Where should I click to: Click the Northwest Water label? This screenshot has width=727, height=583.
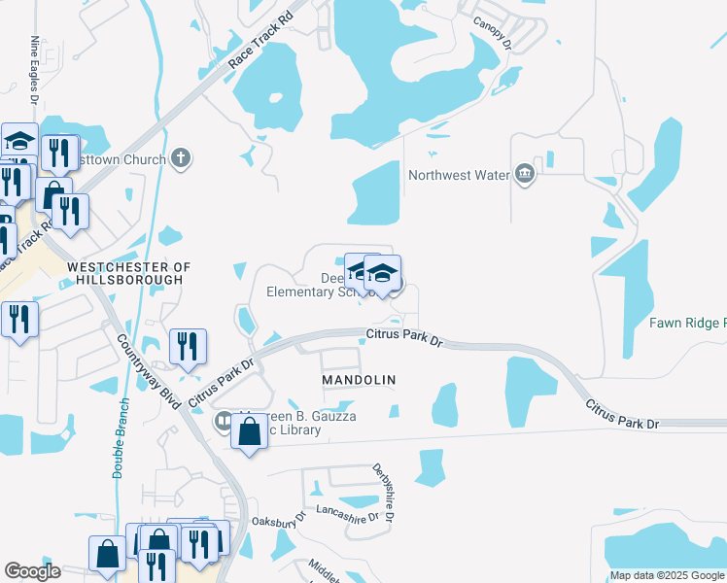click(459, 176)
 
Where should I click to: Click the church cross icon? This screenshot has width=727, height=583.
click(180, 158)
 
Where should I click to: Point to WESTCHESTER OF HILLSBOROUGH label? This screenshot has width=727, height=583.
click(124, 273)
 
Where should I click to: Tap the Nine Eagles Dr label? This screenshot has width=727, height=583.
click(35, 70)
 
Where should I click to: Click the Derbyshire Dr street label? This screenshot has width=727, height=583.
click(383, 493)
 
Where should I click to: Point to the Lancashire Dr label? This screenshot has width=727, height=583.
click(346, 517)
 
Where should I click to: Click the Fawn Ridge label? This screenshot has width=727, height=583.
click(691, 323)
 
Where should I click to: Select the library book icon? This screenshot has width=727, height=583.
click(223, 421)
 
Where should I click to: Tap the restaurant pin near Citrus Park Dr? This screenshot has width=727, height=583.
click(186, 347)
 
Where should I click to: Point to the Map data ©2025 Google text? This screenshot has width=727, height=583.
click(667, 575)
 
